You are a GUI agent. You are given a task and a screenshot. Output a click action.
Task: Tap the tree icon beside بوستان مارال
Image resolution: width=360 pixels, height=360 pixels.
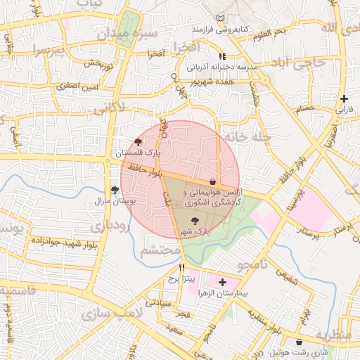point(115,191)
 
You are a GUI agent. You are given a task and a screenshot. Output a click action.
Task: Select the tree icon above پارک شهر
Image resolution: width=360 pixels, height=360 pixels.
point(195,221)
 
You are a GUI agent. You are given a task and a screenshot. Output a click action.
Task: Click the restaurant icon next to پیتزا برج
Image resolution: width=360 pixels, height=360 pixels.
point(182,267)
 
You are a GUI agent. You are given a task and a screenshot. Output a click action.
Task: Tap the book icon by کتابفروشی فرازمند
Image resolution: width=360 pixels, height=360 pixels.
point(221,18)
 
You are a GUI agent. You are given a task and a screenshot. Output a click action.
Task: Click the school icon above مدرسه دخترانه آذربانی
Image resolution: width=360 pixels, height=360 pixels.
point(222,56)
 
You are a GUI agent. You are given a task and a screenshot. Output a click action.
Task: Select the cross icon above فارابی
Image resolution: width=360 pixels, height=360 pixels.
point(343,98)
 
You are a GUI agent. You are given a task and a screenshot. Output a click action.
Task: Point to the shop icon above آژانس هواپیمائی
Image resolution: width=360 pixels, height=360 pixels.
point(212,181)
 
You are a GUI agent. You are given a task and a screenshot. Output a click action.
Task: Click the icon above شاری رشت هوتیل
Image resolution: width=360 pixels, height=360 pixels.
point(300,342)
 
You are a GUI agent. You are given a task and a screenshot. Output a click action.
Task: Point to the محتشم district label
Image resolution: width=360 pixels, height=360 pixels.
point(161,251)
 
